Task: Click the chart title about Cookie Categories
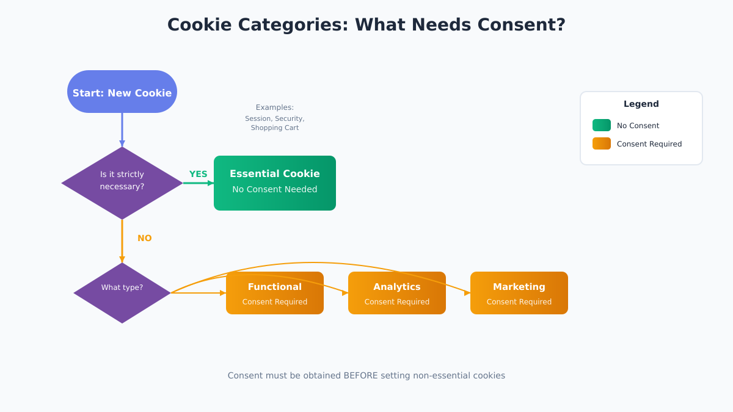366,25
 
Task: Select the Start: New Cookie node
122,92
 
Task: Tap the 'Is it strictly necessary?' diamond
122,183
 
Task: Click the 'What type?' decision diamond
122,293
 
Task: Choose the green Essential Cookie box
275,183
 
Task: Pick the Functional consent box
275,294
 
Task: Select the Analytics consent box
397,294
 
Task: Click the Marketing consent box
519,294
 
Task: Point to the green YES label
198,174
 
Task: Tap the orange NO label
144,238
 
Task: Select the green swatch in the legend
601,125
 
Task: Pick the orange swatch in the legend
601,143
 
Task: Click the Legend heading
641,104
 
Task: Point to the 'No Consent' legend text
638,126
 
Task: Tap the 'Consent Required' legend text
649,144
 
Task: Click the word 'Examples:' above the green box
274,107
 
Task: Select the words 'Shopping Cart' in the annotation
274,128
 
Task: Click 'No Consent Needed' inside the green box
274,189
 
